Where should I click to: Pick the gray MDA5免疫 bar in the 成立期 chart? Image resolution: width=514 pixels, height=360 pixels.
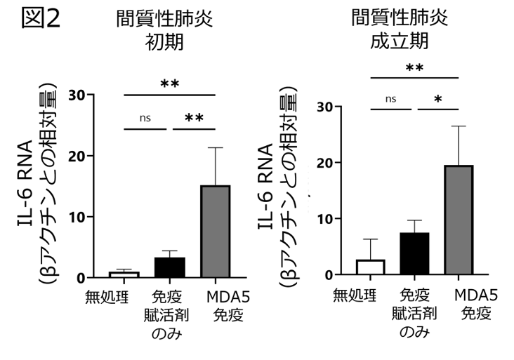pos(459,220)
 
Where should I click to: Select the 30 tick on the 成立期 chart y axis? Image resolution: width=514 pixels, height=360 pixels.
pos(325,107)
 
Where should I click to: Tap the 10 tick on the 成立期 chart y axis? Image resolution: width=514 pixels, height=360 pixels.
pos(325,218)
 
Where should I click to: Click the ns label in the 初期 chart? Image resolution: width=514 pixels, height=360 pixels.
pos(146,117)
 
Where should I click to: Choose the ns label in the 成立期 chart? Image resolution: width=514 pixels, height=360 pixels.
pos(391,98)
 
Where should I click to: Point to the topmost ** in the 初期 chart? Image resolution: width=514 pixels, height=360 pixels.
pos(170,85)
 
